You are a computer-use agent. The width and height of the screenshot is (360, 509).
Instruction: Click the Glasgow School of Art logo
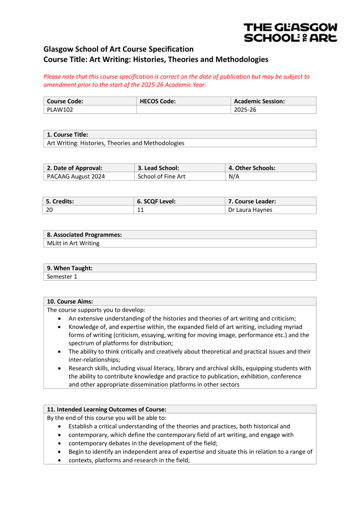pyautogui.click(x=290, y=33)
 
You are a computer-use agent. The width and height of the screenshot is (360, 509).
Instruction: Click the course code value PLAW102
pyautogui.click(x=60, y=110)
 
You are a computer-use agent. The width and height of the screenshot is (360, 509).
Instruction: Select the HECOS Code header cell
pyautogui.click(x=157, y=101)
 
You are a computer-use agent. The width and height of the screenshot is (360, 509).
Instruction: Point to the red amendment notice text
pyautogui.click(x=176, y=81)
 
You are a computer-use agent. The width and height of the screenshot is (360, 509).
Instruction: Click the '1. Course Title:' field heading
pyautogui.click(x=67, y=135)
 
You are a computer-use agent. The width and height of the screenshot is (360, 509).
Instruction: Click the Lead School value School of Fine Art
pyautogui.click(x=162, y=177)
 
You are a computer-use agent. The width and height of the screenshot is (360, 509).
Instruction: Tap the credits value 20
pyautogui.click(x=50, y=210)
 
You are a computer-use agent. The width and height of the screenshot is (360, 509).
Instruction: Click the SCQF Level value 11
pyautogui.click(x=141, y=210)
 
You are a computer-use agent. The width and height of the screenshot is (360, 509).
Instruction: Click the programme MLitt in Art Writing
pyautogui.click(x=73, y=243)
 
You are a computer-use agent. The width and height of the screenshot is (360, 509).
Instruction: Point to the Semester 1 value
pyautogui.click(x=62, y=277)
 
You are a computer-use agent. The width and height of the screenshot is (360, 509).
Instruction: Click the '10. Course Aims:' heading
pyautogui.click(x=70, y=301)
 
